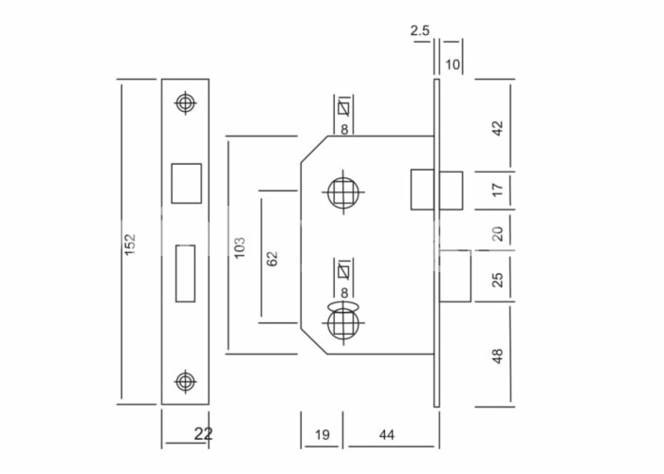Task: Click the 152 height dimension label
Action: coord(130,245)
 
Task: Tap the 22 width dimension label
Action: coord(203,434)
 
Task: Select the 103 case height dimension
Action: coord(239,247)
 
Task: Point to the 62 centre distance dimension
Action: coord(272,259)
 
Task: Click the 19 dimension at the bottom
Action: coord(323,434)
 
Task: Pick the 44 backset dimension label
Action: coord(387,434)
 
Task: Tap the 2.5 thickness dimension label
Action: coord(419,30)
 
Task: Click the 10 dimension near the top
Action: coord(452,64)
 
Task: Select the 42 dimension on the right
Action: coord(498,128)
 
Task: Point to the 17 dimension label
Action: coord(498,190)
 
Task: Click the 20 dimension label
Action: coord(498,233)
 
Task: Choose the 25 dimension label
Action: coord(498,280)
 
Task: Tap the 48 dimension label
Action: coord(498,355)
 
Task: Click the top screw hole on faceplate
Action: coord(186,102)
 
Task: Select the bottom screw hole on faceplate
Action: coord(186,381)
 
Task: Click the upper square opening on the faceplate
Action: coord(186,183)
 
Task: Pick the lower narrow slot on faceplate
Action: coord(186,273)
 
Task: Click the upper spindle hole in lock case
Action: coord(343,193)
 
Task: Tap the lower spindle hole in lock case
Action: coord(343,324)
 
